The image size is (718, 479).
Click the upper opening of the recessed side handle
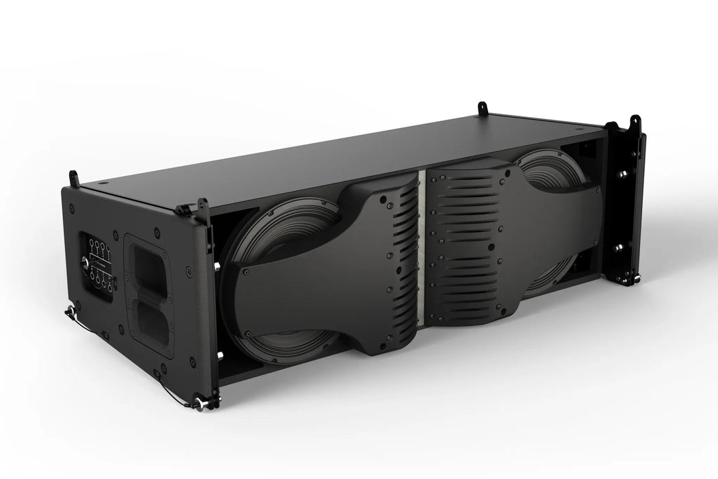pyautogui.click(x=147, y=262)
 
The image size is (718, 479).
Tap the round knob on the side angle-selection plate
pyautogui.click(x=85, y=261)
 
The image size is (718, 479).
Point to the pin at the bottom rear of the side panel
pyautogui.click(x=69, y=313)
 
